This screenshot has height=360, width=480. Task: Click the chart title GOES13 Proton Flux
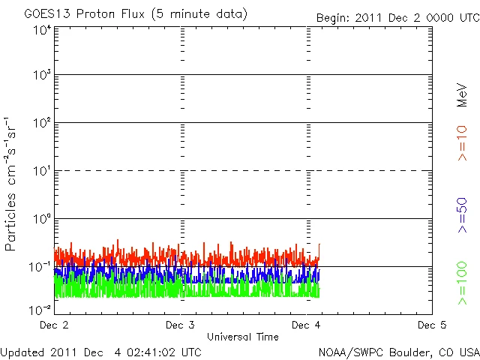click(x=136, y=14)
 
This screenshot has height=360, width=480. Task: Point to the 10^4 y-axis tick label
click(x=41, y=29)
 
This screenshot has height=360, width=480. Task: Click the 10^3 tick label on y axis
click(x=41, y=75)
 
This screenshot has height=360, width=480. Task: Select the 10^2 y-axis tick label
click(x=41, y=123)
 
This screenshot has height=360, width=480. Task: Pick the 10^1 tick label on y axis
click(x=41, y=171)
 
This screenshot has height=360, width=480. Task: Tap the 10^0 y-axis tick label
click(x=41, y=219)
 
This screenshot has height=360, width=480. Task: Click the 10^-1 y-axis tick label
click(x=40, y=267)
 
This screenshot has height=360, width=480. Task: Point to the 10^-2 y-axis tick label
click(x=40, y=309)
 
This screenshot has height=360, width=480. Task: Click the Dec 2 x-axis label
click(x=54, y=325)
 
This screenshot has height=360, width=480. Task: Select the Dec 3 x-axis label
click(x=180, y=325)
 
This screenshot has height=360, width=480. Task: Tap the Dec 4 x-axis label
click(x=306, y=325)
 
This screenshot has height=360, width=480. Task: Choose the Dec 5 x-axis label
click(x=432, y=325)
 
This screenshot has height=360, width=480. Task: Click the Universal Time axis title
click(x=242, y=337)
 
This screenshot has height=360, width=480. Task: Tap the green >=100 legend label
click(x=463, y=283)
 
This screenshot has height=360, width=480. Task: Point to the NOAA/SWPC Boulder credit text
click(x=397, y=351)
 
